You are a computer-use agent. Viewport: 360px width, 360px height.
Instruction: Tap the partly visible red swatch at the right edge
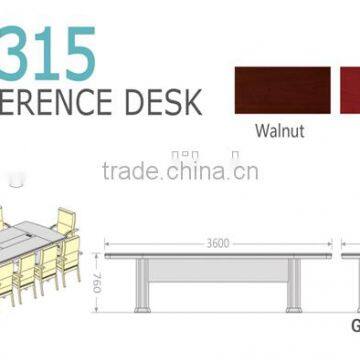coord(351,91)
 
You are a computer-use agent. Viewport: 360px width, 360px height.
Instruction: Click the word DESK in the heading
coord(164,101)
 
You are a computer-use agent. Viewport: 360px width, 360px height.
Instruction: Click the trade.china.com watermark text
coord(180,171)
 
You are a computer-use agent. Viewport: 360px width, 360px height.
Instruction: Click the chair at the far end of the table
coord(64,221)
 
